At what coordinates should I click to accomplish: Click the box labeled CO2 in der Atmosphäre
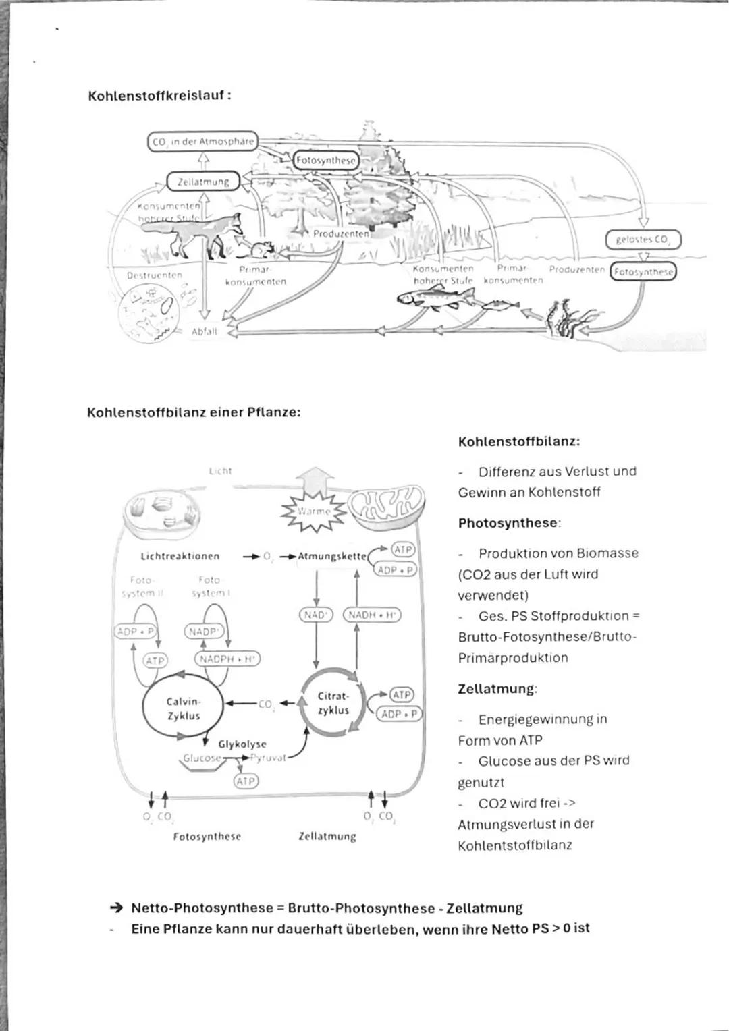coord(202,142)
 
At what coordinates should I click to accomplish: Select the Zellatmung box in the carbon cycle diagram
coord(203,182)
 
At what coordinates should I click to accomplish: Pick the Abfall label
coord(205,331)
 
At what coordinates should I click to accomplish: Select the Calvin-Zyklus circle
coord(183,709)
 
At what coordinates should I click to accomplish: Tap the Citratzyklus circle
coord(333,703)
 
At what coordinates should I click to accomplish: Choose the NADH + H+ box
coord(372,615)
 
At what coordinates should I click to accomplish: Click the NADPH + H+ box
coord(227,659)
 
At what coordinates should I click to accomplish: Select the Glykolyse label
coord(242,744)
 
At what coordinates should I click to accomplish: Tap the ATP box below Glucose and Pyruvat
coord(246,781)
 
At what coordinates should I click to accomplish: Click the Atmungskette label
coord(331,557)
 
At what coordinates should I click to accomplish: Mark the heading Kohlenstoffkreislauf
coord(159,96)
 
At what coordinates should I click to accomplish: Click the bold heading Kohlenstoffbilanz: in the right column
coord(518,442)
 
